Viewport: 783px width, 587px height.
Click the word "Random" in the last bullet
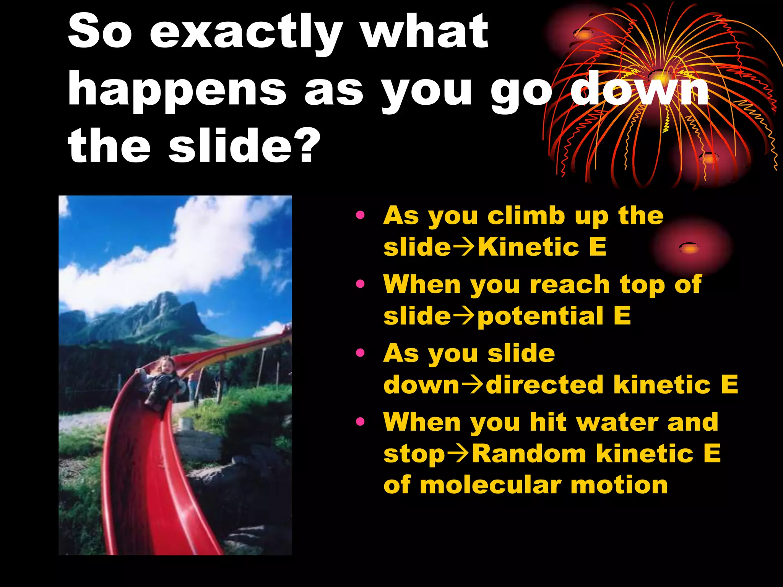(x=530, y=454)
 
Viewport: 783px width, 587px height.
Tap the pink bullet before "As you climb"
(x=360, y=215)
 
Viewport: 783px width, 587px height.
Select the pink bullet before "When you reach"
(x=360, y=284)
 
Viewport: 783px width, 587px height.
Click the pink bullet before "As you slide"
(x=360, y=353)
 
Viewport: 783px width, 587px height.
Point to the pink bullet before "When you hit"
(x=360, y=422)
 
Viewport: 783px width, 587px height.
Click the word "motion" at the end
(x=619, y=485)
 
